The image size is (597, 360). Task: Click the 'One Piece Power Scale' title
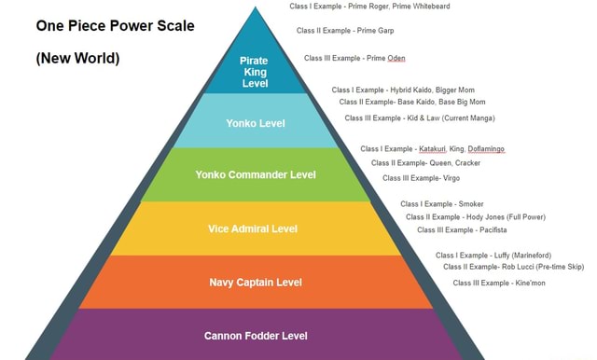tap(115, 25)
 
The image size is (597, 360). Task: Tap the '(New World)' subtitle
tap(77, 58)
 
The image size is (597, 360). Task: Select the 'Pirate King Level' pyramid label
tap(255, 72)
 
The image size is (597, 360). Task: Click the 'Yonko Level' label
tap(255, 122)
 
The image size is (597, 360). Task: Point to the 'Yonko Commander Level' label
tap(255, 174)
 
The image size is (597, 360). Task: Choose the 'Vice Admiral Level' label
tap(255, 228)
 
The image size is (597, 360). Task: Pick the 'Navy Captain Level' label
tap(255, 282)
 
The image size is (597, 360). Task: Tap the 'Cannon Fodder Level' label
tap(255, 335)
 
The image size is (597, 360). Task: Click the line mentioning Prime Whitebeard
tap(369, 7)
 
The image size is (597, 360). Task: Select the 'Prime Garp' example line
tap(344, 31)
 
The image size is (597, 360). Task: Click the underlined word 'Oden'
tap(396, 58)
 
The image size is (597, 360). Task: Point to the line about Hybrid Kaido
tap(403, 90)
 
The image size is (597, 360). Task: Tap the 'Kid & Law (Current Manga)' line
tap(419, 118)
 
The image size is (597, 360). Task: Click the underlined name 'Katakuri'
tap(430, 148)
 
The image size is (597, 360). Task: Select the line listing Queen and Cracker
tap(425, 162)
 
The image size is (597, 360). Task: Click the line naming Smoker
tap(441, 203)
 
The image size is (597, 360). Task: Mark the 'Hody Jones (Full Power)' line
tap(475, 216)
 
